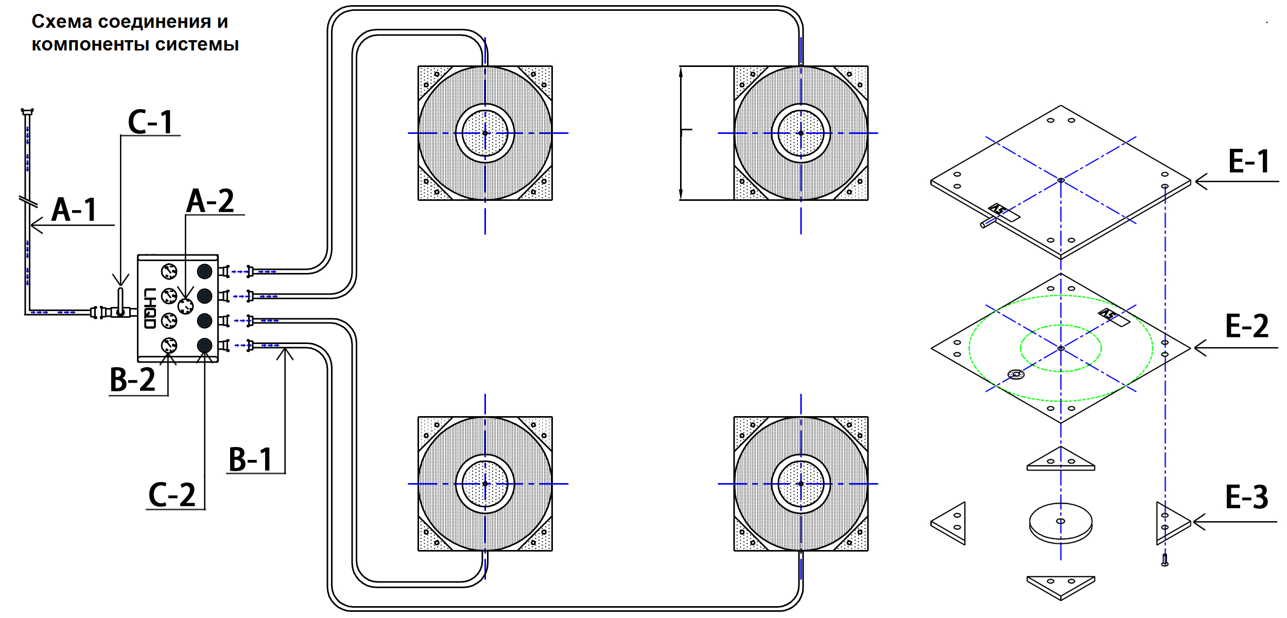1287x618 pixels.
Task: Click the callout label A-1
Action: [x=75, y=210]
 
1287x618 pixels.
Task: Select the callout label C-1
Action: [x=150, y=122]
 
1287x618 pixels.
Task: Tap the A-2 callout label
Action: [x=210, y=200]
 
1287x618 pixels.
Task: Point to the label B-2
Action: [x=132, y=380]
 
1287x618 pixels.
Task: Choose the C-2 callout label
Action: [x=172, y=495]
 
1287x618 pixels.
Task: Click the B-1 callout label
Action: [x=250, y=459]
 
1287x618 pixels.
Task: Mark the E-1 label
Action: [x=1249, y=161]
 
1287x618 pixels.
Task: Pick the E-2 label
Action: [x=1247, y=326]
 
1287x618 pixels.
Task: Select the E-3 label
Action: [x=1247, y=497]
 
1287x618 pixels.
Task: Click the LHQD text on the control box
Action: [x=150, y=308]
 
